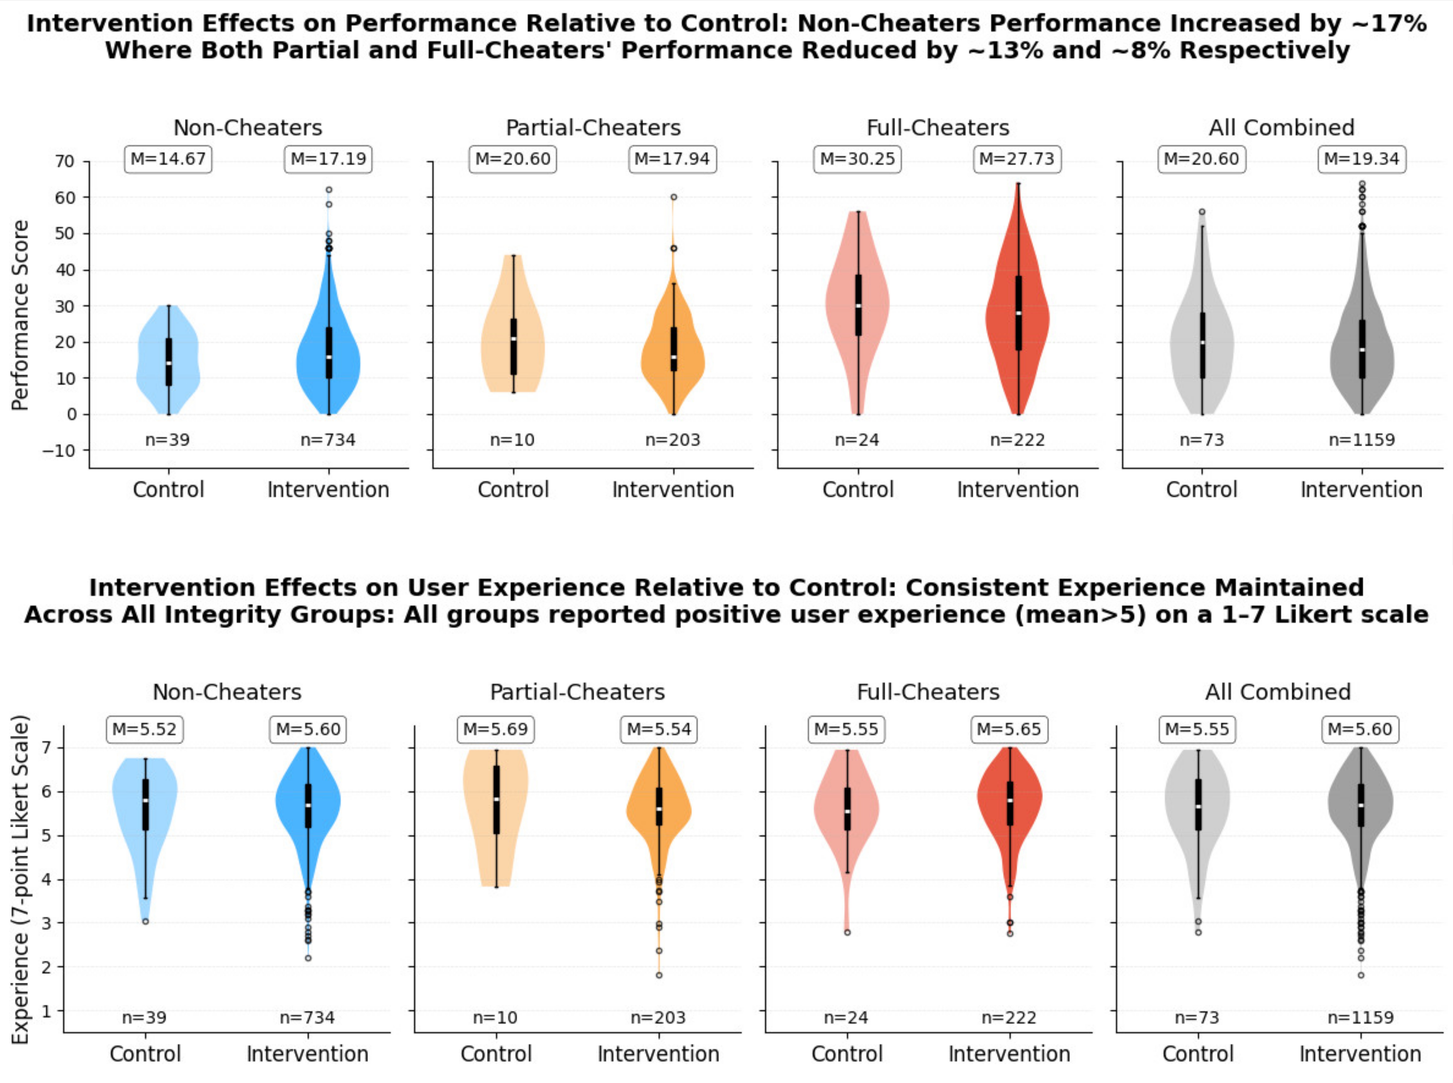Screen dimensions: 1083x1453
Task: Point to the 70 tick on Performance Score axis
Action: click(64, 161)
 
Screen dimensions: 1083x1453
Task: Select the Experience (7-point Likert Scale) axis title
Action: click(20, 880)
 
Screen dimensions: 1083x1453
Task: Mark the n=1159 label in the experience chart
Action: click(1360, 1017)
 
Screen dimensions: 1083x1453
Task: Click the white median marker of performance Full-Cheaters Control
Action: click(858, 305)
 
